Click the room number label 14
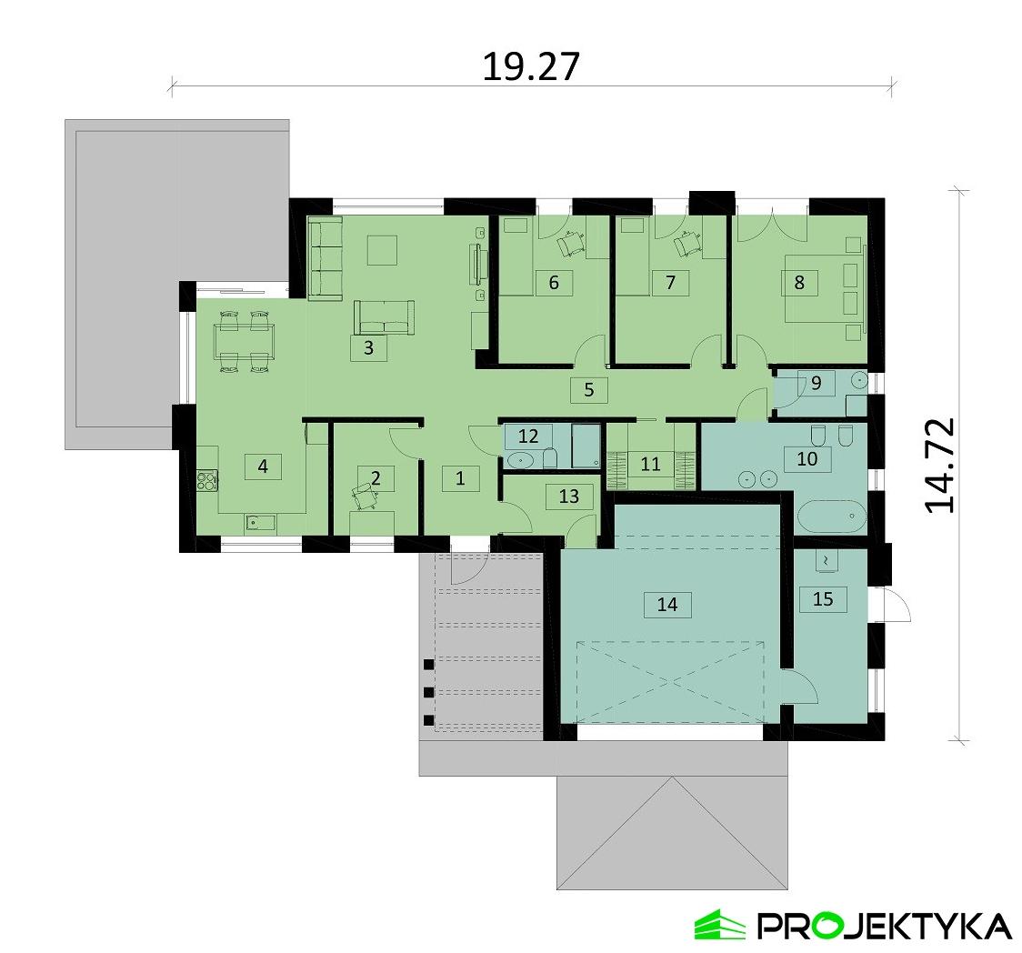(x=667, y=604)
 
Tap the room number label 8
(x=799, y=282)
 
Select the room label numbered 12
(x=528, y=435)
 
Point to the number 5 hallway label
(x=588, y=390)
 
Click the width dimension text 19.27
(x=530, y=66)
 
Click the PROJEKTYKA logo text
(x=882, y=926)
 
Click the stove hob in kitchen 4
(x=206, y=477)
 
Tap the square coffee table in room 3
(x=382, y=249)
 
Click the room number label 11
(x=650, y=464)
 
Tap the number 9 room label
(x=816, y=383)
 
